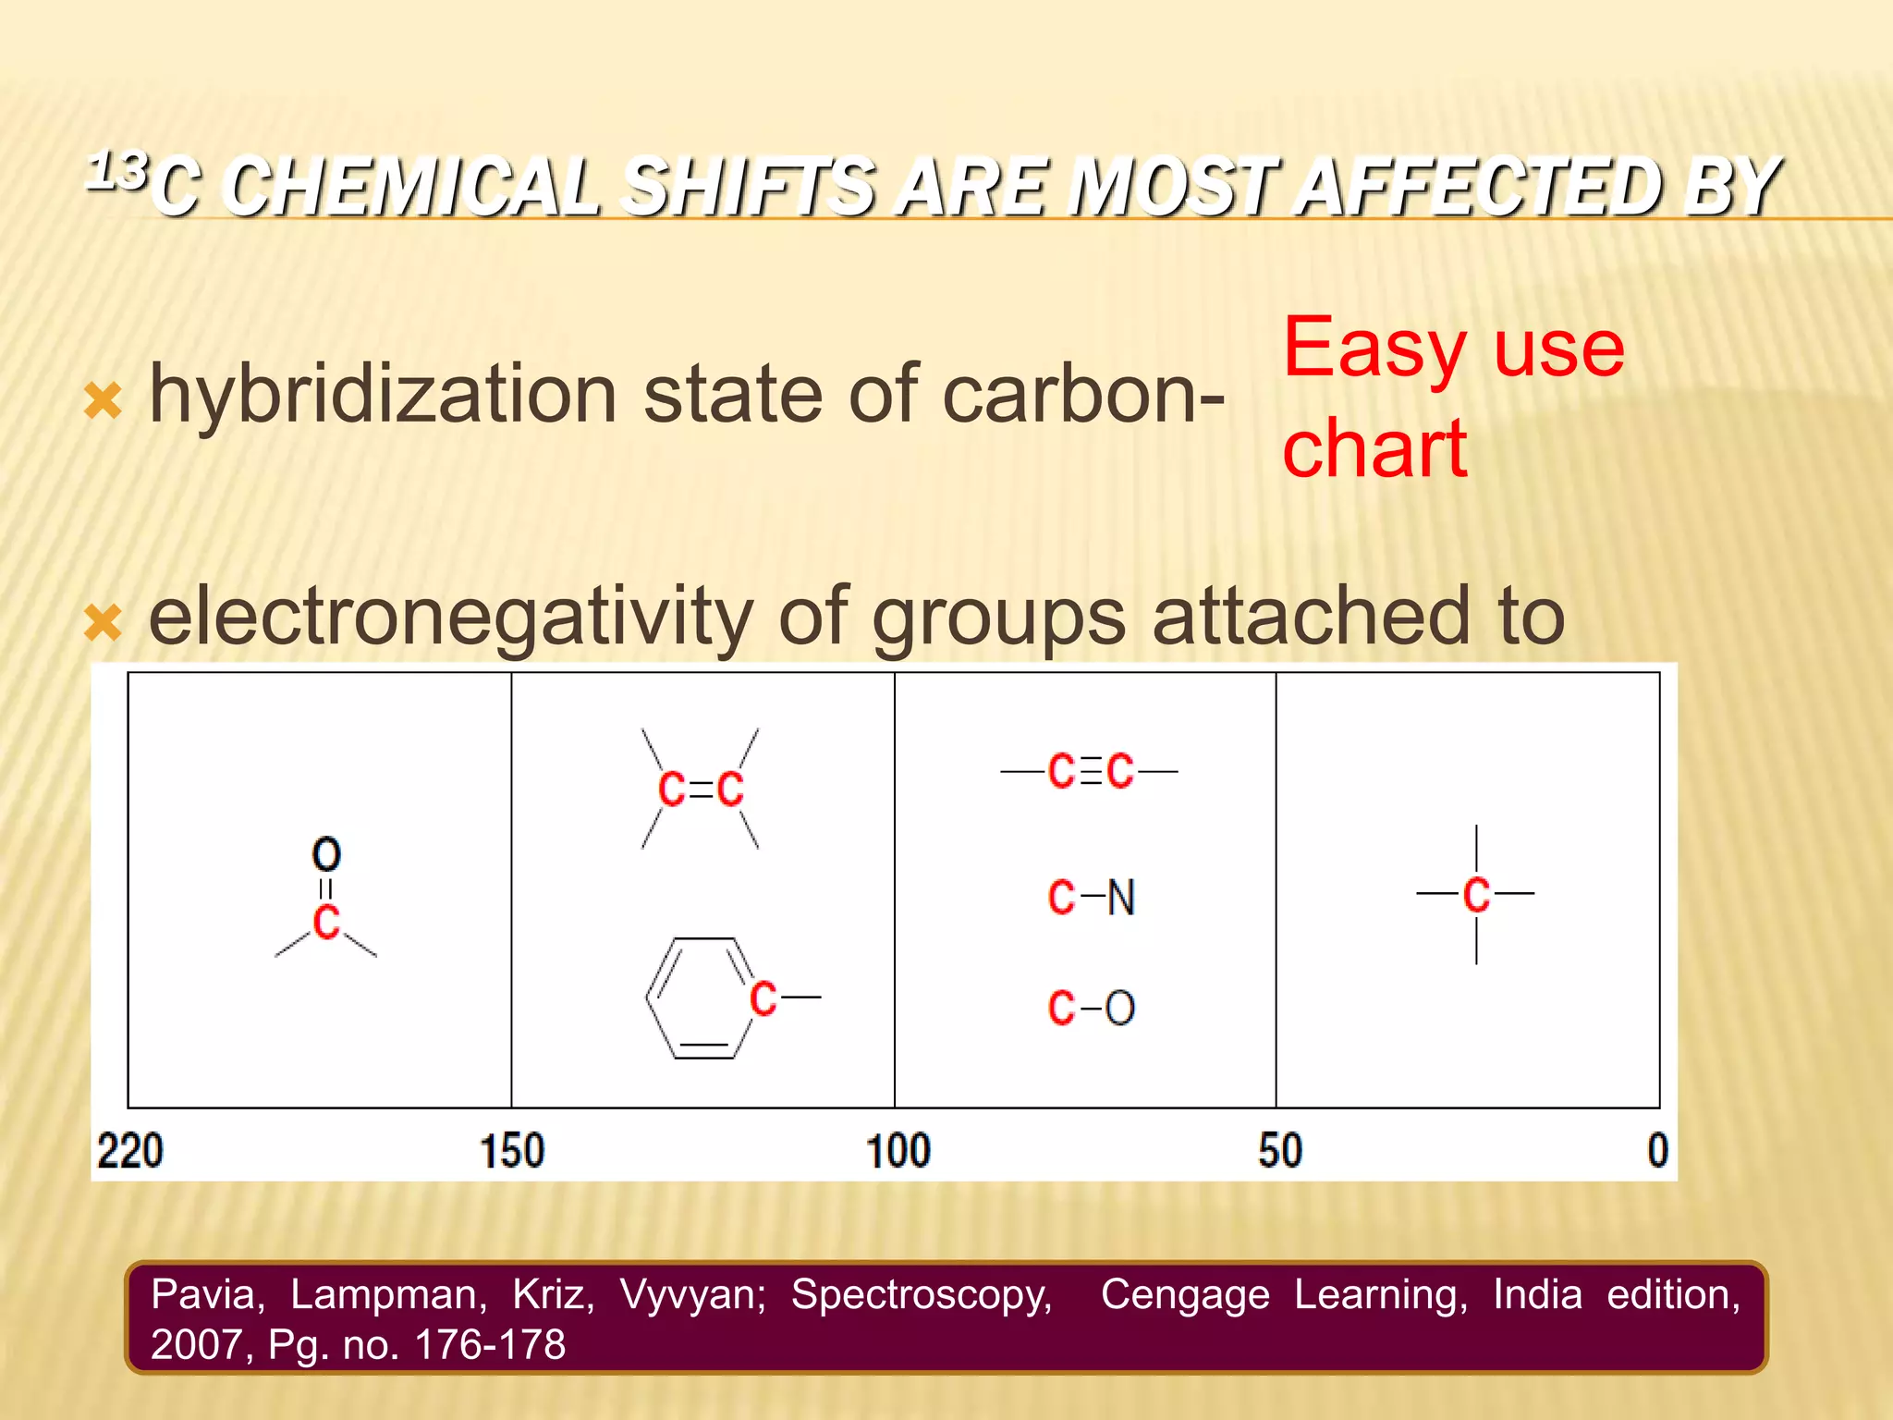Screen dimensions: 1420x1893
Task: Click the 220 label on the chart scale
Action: [x=130, y=1152]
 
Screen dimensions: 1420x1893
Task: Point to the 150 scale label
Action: [x=512, y=1152]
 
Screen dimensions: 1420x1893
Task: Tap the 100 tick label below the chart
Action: [x=898, y=1152]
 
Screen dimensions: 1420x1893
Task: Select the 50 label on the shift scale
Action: [x=1280, y=1152]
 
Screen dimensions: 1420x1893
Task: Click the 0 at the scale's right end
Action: [x=1658, y=1152]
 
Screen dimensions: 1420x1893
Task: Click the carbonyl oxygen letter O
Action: [x=326, y=855]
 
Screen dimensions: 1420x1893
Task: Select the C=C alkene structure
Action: [x=701, y=790]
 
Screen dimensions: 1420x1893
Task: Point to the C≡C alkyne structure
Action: [x=1091, y=771]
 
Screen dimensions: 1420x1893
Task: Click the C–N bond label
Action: [x=1092, y=898]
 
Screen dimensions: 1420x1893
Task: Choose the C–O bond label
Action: [x=1092, y=1008]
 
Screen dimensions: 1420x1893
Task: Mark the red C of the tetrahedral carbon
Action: [x=1476, y=894]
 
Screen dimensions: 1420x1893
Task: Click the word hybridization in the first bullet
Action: [x=383, y=396]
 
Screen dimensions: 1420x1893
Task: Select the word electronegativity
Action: [x=450, y=617]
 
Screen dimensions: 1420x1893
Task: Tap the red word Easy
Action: [x=1374, y=349]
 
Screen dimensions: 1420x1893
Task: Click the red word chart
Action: [x=1375, y=449]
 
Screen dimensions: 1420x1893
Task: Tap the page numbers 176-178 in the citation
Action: [x=490, y=1345]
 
